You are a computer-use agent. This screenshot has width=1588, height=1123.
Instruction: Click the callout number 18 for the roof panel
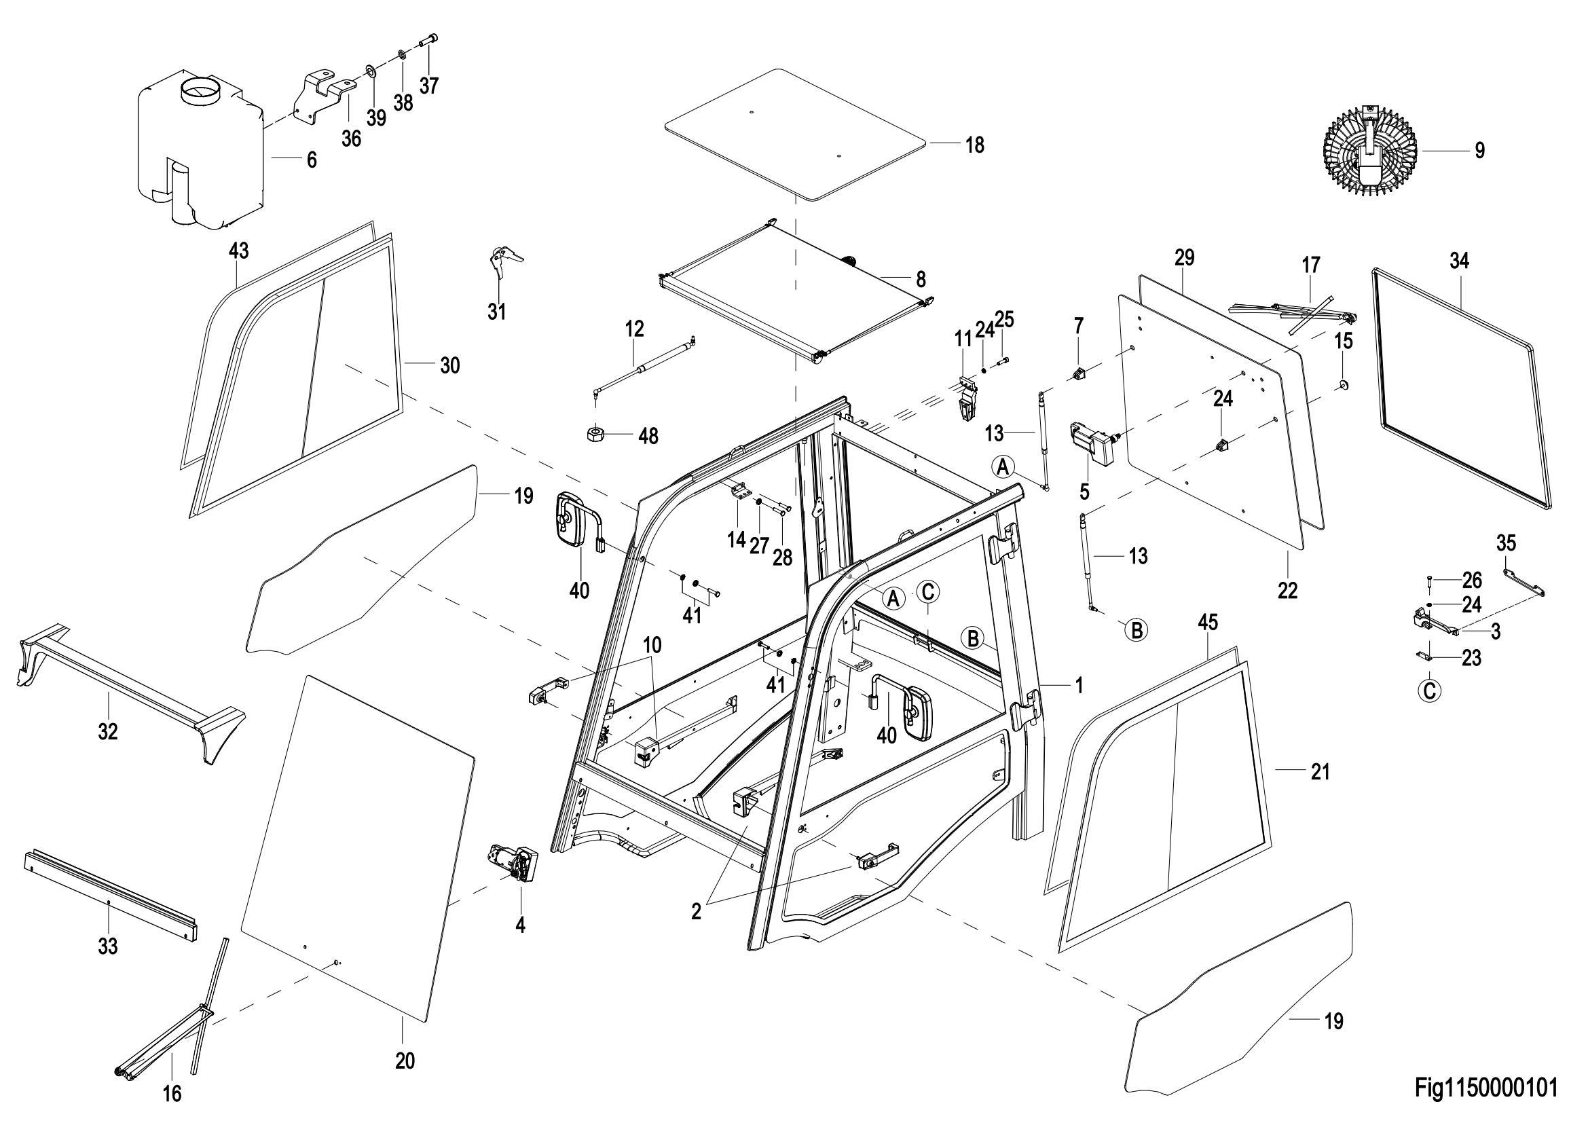(974, 146)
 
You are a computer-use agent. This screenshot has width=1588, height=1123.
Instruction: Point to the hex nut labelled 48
(597, 435)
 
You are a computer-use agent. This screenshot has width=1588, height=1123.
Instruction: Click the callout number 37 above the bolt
(429, 86)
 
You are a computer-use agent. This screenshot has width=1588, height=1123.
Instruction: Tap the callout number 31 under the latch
(496, 312)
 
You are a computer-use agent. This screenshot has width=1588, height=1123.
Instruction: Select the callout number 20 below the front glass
(405, 1061)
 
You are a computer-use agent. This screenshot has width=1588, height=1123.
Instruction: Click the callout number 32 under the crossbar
(108, 731)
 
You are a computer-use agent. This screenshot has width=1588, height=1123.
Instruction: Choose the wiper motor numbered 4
(514, 863)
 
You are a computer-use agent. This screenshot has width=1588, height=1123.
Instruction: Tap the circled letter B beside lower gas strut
(1137, 629)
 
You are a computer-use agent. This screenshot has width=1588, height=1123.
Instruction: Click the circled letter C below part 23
(1430, 690)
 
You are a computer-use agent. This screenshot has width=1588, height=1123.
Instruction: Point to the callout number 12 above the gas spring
(634, 329)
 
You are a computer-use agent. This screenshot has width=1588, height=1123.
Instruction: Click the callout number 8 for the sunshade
(921, 280)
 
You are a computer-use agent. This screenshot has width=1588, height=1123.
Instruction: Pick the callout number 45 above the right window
(1208, 623)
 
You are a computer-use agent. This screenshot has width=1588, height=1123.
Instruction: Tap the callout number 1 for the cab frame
(1078, 685)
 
